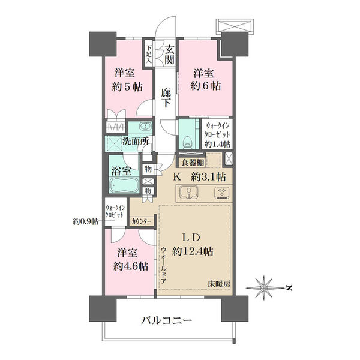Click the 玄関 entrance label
point(170,55)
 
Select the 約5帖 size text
point(127,87)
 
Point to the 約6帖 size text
point(206,86)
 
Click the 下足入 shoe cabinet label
point(149,54)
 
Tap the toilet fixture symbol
point(188,142)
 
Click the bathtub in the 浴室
point(124,185)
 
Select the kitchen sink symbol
point(189,193)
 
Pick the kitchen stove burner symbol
point(222,193)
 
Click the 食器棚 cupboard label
point(193,163)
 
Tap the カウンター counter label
point(141,221)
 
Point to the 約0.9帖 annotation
point(86,221)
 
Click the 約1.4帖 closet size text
point(217,144)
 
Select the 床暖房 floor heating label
point(219,284)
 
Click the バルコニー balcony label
point(166,320)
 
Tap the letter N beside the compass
point(290,287)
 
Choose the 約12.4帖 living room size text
point(193,251)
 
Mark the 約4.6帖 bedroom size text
point(131,266)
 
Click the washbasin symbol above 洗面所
point(145,126)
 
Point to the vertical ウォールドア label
point(164,265)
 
